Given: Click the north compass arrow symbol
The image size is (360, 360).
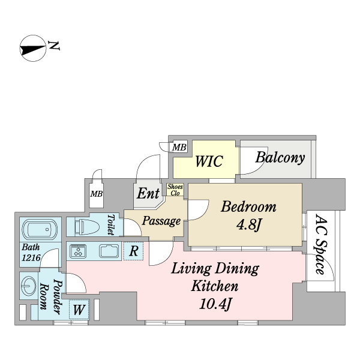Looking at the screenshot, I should coord(33,49).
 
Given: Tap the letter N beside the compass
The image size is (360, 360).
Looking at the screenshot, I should coord(54,45).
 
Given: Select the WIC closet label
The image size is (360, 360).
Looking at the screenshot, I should coord(208,161).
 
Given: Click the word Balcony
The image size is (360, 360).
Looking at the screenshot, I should coord(280,158).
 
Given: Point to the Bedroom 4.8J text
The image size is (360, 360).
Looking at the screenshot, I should coord(248,216).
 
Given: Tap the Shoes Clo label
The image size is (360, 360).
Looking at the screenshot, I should coord(175,190).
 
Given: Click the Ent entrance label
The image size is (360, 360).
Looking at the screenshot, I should coord(148,194).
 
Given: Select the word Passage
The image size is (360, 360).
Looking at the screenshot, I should coord(161,221).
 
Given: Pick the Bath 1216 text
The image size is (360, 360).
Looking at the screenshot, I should coord(31,252).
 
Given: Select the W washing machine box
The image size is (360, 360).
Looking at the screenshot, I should coord(79,310).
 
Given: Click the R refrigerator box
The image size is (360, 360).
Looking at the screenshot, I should coord(134,251).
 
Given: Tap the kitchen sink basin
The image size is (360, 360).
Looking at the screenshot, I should coord(110,251).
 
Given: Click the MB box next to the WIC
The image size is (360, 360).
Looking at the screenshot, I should coord(179,147).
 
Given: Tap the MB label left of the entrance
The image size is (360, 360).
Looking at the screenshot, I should coord(95,193).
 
